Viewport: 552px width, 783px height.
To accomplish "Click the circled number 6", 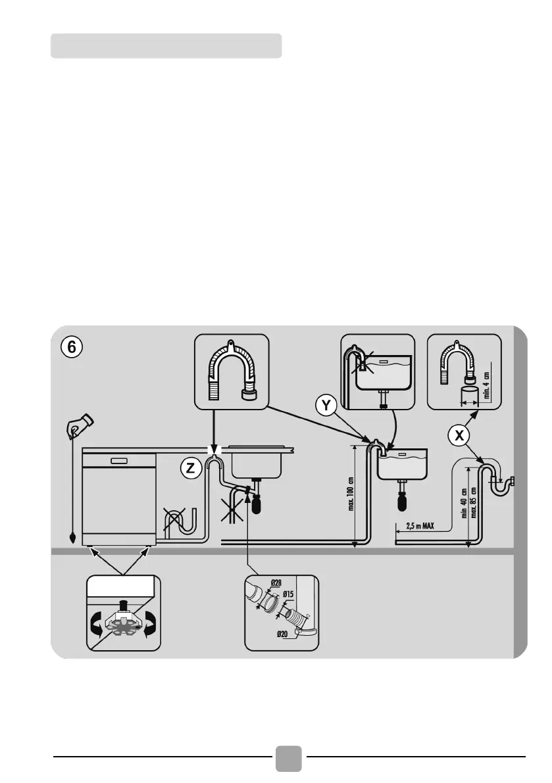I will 72,347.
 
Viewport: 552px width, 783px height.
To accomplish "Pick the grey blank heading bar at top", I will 166,46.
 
